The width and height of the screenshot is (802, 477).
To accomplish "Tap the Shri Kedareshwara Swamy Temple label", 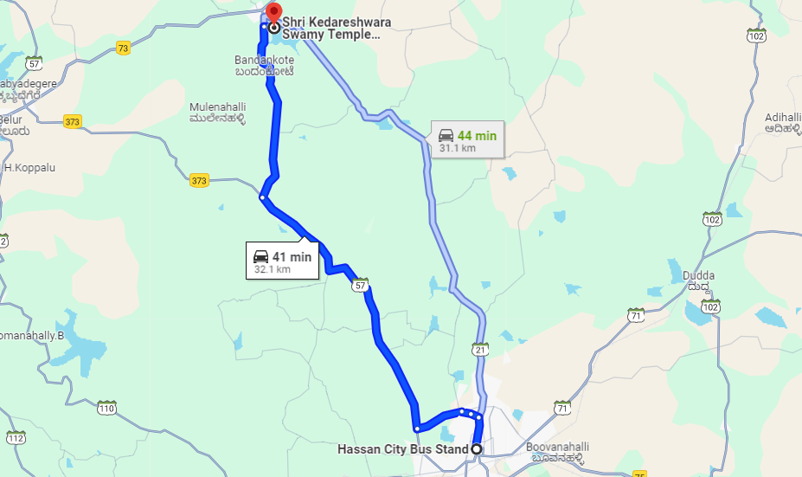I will coord(331,29).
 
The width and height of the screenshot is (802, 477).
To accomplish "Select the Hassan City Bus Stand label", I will coord(402,449).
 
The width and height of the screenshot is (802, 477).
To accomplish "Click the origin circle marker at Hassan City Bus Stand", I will coord(476,449).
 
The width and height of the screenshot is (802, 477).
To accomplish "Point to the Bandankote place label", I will coord(264,66).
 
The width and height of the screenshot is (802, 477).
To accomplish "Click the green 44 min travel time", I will coord(477,135).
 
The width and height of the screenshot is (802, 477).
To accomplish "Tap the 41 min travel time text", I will coord(292,257).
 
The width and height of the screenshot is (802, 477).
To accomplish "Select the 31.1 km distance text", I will coord(458,148).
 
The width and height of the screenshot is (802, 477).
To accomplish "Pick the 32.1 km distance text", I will coord(272,269).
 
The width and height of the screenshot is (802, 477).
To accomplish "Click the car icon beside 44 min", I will coord(446,135).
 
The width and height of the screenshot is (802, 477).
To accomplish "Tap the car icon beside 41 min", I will coord(260,257).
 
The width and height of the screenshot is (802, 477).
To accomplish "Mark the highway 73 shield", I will coord(123,48).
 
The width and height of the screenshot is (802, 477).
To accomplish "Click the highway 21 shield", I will coord(481,349).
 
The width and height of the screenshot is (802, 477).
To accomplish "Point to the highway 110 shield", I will coord(106,408).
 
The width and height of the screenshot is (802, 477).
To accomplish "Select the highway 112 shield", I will coord(15,438).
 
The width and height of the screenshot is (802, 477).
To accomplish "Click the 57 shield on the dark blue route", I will coord(361,284).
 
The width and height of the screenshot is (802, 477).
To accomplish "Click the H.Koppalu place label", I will coord(29,167).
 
